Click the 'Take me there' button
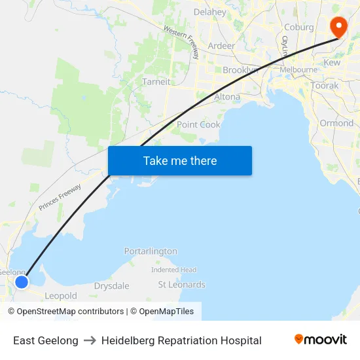tap(180, 160)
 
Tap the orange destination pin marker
tap(338, 27)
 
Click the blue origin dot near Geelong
tap(22, 281)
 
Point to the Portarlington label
tap(151, 251)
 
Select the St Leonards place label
tap(181, 284)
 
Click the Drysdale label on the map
tap(111, 286)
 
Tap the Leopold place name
tap(61, 296)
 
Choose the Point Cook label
tap(198, 124)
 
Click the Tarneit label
tap(156, 82)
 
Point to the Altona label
tap(227, 97)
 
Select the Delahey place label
tap(210, 12)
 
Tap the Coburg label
tap(299, 27)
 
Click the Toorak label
tap(325, 86)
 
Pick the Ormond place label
tap(336, 123)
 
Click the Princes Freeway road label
tap(60, 197)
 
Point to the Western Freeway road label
tap(181, 41)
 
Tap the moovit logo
tap(320, 340)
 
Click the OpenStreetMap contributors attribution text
tap(70, 312)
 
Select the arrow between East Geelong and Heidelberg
tap(90, 340)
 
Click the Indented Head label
tap(173, 270)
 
